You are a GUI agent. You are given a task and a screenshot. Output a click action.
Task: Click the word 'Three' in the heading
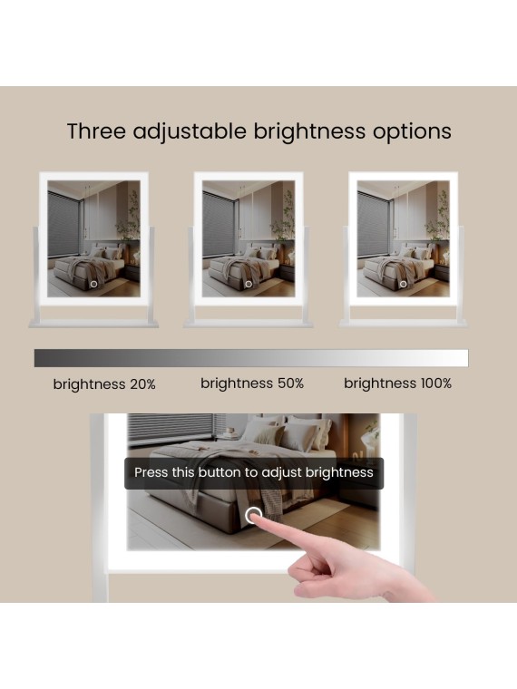(x=97, y=131)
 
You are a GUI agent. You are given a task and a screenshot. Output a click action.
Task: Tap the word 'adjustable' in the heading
(x=190, y=131)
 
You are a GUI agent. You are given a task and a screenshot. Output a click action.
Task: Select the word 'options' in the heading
(x=412, y=131)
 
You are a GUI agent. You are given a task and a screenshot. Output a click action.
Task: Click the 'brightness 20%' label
(x=104, y=384)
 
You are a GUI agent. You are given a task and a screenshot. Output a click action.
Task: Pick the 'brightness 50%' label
(x=252, y=383)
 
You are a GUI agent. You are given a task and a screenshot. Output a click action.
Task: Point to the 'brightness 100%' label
(x=397, y=383)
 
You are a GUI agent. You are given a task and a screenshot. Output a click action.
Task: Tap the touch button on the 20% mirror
(x=93, y=285)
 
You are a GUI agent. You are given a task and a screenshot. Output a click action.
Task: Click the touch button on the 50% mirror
(x=249, y=285)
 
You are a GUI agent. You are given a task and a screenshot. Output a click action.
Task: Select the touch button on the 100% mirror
(x=403, y=285)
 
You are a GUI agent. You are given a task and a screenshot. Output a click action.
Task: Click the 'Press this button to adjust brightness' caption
(x=254, y=472)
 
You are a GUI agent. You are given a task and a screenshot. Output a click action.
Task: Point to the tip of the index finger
(x=256, y=518)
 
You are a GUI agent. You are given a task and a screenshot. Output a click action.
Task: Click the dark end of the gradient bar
(x=37, y=358)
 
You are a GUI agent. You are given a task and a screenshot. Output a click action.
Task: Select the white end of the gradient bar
(x=465, y=358)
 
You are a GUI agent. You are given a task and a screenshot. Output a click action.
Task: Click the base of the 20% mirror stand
(x=93, y=324)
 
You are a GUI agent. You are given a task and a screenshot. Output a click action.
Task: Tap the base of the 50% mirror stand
(x=249, y=324)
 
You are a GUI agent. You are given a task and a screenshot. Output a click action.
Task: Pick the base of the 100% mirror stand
(x=403, y=324)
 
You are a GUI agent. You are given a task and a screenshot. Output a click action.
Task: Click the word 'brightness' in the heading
(x=309, y=131)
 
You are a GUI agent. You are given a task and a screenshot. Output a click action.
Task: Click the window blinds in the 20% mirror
(x=64, y=224)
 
